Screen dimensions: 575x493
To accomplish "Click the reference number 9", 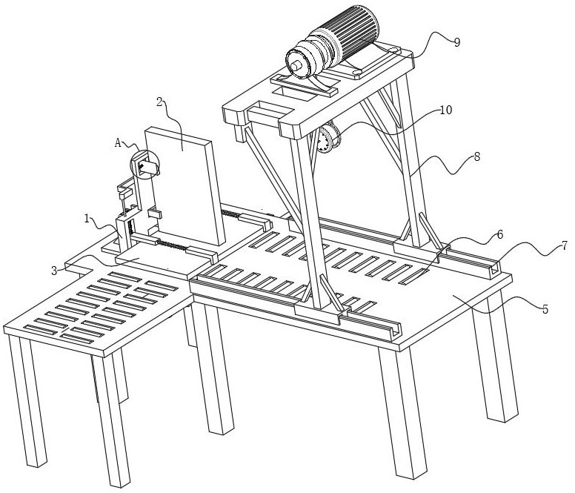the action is (456, 42).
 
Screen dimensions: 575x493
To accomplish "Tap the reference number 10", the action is (445, 110).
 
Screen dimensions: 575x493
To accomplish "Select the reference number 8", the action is (476, 157).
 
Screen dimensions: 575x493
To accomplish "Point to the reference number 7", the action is (565, 245).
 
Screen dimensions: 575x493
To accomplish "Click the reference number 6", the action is (500, 234).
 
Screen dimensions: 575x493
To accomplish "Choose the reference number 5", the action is (545, 309).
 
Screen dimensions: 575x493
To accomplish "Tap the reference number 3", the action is (54, 271).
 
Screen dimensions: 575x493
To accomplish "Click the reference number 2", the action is (159, 102).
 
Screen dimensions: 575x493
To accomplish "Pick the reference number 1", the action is (87, 219).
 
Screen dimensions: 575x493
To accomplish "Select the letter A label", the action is (118, 142).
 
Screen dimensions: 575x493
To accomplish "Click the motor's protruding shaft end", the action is (296, 67).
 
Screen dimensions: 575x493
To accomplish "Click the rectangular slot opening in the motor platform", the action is (293, 92).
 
